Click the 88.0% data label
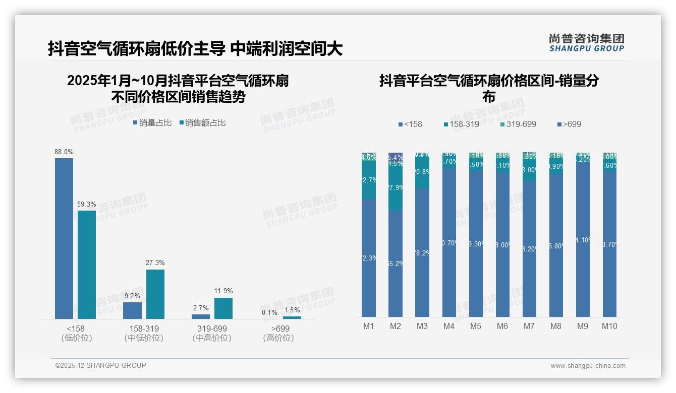pyautogui.click(x=64, y=152)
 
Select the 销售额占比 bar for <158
pyautogui.click(x=87, y=265)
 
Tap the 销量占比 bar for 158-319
pyautogui.click(x=132, y=310)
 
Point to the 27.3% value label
pyautogui.click(x=155, y=263)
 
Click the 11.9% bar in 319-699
pyautogui.click(x=223, y=308)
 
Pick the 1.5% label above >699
pyautogui.click(x=292, y=310)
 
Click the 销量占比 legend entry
pyautogui.click(x=152, y=123)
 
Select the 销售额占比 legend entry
pyautogui.click(x=202, y=123)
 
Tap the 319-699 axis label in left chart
pyautogui.click(x=212, y=329)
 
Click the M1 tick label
pyautogui.click(x=369, y=326)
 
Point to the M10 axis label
pyautogui.click(x=609, y=326)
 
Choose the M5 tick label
pyautogui.click(x=476, y=326)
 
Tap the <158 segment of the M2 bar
pyautogui.click(x=396, y=263)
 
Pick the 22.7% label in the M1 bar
pyautogui.click(x=369, y=180)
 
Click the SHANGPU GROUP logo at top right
pyautogui.click(x=586, y=43)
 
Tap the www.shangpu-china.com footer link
pyautogui.click(x=588, y=366)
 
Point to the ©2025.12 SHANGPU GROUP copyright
pyautogui.click(x=101, y=365)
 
